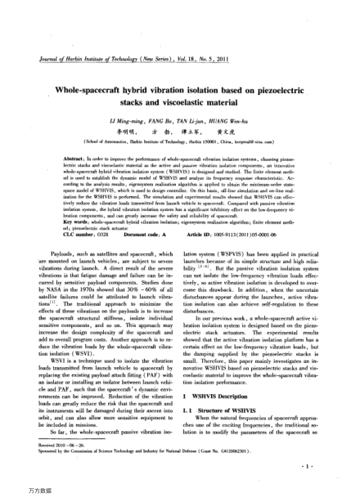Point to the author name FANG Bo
[160, 120]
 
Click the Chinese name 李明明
[124, 130]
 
